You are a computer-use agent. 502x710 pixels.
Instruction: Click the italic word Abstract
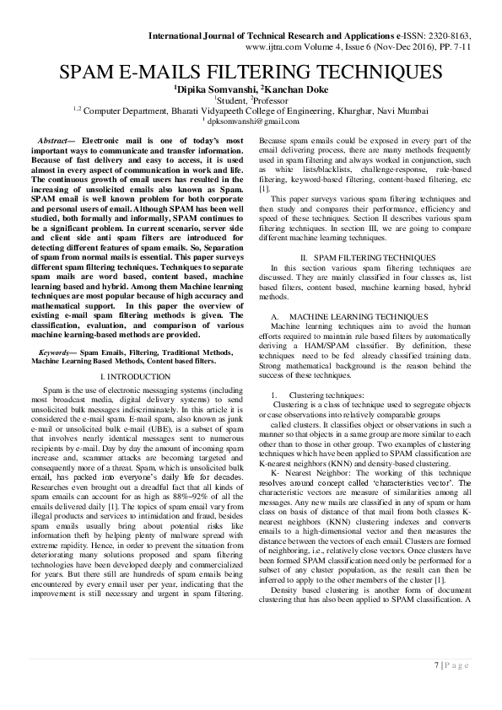[x=65, y=137]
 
